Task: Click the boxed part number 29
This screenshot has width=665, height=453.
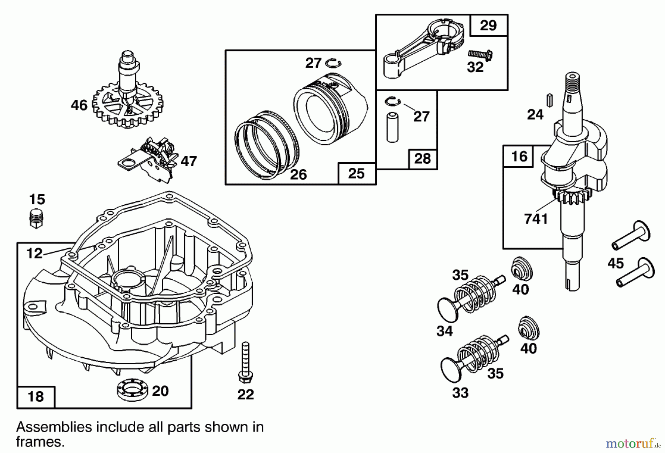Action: [488, 25]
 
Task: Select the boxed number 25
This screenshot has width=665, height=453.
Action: [356, 173]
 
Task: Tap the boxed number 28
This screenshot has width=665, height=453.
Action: [422, 159]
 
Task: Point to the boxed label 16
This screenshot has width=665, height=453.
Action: [519, 156]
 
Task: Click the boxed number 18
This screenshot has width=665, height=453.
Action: [36, 396]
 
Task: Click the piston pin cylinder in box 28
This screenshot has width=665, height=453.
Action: [392, 128]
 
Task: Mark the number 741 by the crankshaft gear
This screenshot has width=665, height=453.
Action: [536, 219]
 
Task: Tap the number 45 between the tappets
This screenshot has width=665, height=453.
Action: [615, 263]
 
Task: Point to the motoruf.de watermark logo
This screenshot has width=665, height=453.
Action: [632, 442]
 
